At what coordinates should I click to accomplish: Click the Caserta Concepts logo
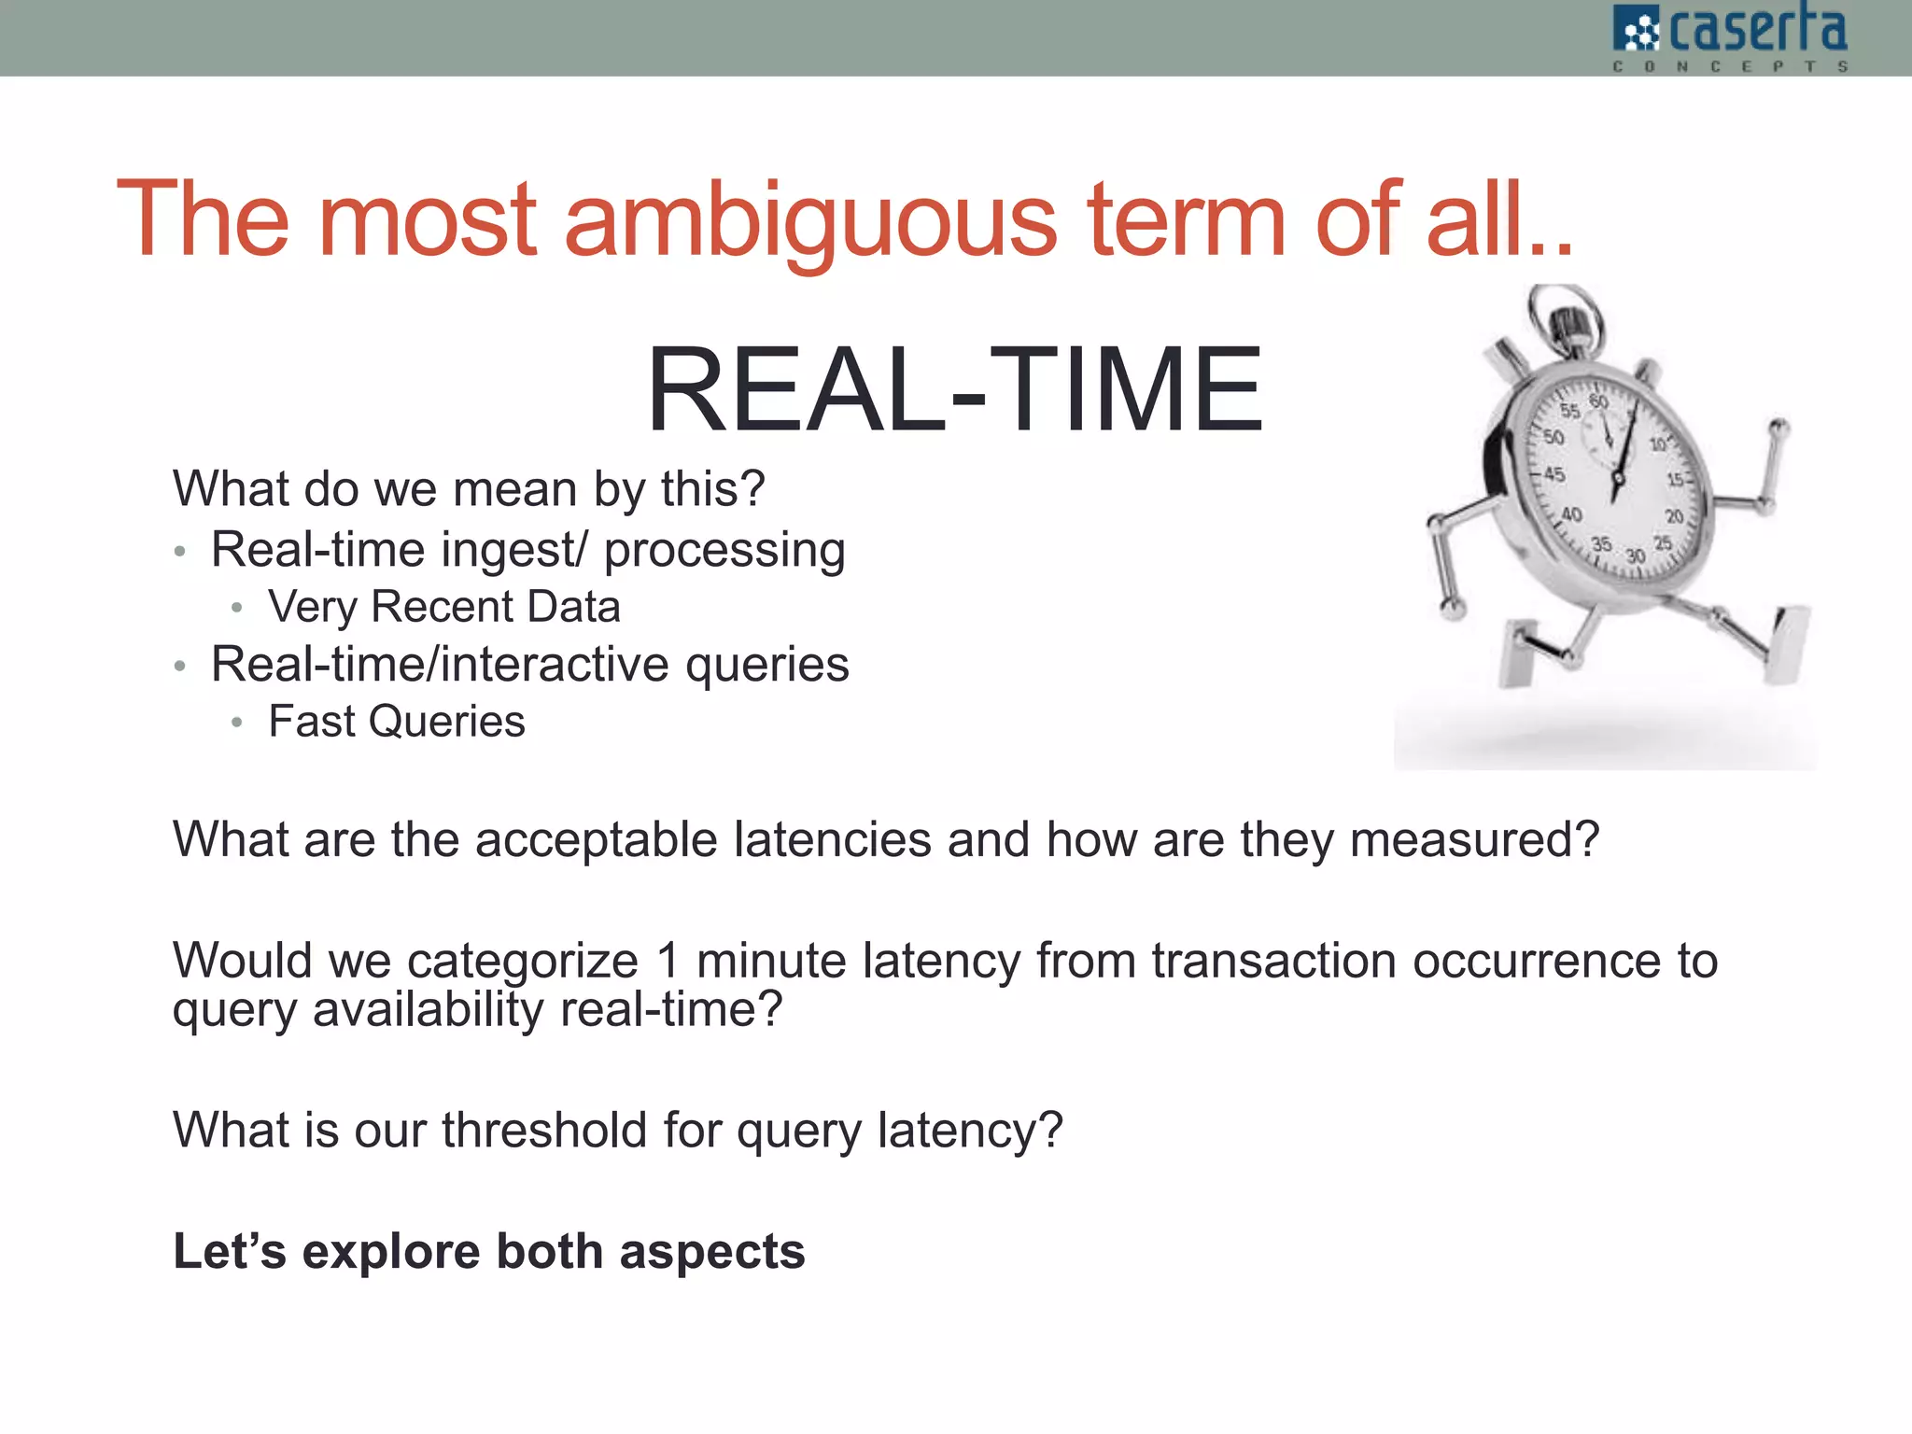coord(1730,37)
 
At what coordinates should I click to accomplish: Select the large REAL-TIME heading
coord(954,389)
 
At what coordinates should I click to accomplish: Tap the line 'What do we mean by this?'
coord(469,488)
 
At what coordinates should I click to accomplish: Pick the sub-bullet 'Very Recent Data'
coord(444,607)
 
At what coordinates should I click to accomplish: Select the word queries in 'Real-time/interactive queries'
coord(766,665)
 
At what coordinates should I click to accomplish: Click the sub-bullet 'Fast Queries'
coord(397,722)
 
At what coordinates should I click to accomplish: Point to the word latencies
coord(833,839)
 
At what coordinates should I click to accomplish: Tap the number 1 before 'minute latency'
coord(668,961)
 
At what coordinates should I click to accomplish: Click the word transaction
coord(1273,961)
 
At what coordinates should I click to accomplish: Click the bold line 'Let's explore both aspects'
coord(489,1251)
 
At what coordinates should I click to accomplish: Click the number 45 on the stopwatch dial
coord(1553,474)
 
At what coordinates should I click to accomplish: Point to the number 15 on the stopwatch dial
coord(1677,480)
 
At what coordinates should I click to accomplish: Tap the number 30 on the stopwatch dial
coord(1636,556)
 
